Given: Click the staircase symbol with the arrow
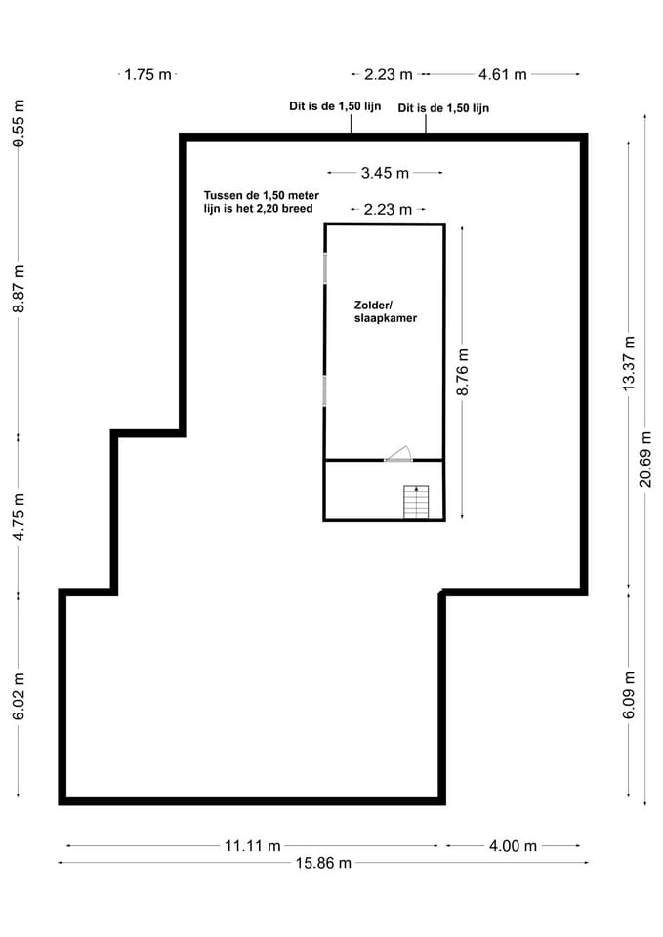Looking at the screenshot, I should [x=416, y=502].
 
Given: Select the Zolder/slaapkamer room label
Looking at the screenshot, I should [x=385, y=311].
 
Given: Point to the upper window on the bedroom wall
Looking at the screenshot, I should [x=324, y=268].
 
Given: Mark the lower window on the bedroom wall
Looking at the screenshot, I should [x=324, y=390].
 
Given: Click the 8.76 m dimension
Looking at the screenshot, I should [x=463, y=372].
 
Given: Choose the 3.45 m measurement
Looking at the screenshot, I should [x=385, y=173].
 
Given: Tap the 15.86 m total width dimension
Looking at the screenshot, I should [x=323, y=863].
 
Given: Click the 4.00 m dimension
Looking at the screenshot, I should [x=513, y=846].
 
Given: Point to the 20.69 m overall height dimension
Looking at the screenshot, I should [x=645, y=459].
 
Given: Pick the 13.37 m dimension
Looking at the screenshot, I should [x=629, y=363].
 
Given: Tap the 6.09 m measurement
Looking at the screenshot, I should [x=629, y=695].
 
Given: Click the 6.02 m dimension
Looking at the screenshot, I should [x=19, y=695].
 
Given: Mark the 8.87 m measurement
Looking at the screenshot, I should [x=19, y=290].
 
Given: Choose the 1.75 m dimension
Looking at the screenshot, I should [x=148, y=74].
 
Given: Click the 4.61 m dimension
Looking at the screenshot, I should [x=503, y=74].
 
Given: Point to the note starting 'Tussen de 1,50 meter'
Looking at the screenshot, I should [x=261, y=202].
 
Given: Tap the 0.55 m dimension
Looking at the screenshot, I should [x=19, y=123].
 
